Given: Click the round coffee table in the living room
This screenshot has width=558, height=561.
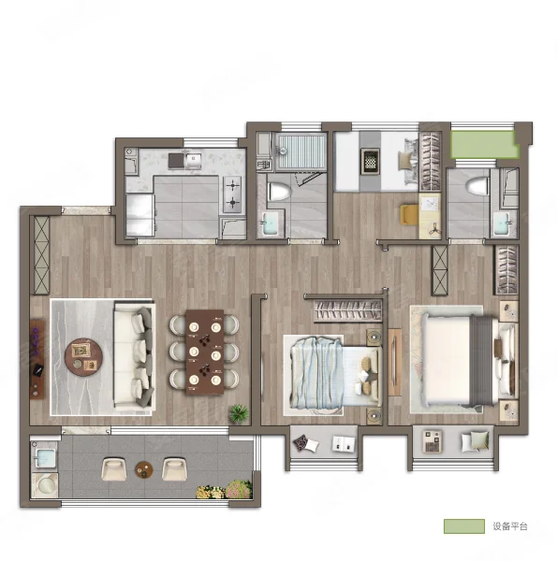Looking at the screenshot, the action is point(83,357).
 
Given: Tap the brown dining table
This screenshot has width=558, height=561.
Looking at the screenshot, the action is point(205,352).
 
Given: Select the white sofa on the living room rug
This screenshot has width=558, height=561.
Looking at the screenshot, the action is point(134,357).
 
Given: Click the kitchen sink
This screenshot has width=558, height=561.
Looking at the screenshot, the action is point(193,161).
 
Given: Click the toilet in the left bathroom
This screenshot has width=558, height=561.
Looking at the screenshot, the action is point(279,192).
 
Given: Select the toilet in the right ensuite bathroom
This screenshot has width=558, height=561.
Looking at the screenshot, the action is point(477,187).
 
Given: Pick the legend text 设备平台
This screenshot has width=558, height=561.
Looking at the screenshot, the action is point(510,526).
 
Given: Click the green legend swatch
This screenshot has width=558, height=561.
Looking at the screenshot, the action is point(464,526).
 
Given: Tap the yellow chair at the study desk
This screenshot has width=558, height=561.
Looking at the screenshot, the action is point(409,215).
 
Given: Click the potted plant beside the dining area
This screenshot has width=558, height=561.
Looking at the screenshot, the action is point(239,413).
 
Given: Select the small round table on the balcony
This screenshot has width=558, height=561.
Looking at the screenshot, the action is point(144,469).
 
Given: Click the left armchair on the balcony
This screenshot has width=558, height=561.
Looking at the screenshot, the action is point(114,469).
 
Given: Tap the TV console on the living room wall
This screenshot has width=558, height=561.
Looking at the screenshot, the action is point(37,360).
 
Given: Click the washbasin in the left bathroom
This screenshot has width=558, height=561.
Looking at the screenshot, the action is point(272,223).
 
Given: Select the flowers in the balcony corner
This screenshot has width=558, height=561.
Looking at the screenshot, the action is point(224,490).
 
